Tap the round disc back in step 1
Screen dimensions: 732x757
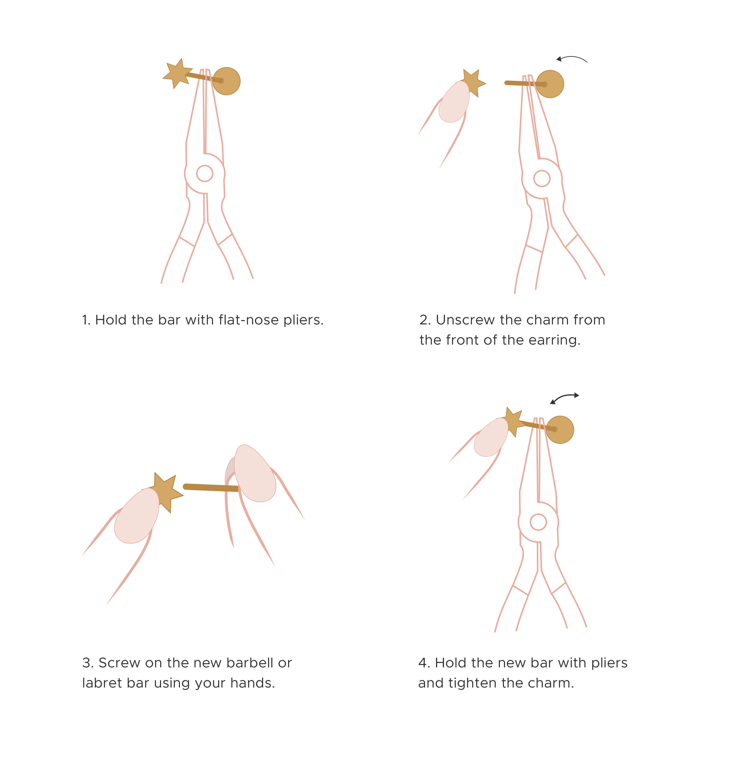[226, 81]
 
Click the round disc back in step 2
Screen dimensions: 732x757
[550, 84]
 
